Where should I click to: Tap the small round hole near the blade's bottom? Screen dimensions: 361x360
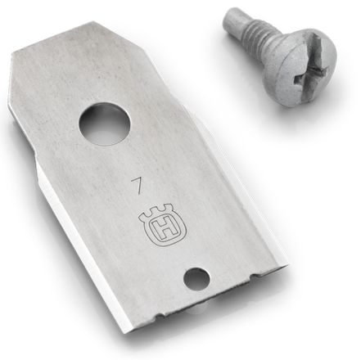click(x=196, y=280)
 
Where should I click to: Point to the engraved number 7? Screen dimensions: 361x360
click(x=137, y=187)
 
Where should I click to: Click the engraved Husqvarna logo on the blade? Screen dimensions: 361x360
click(x=162, y=227)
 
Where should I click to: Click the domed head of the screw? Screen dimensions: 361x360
click(x=300, y=65)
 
